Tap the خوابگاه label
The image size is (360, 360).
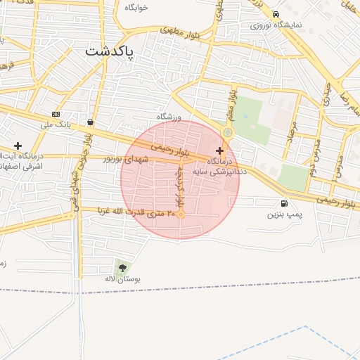(136, 7)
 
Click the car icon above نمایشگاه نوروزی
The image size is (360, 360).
(276, 14)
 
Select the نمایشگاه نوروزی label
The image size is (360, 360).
(276, 25)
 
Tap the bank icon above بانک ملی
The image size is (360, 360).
(56, 114)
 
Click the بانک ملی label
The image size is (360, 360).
(56, 125)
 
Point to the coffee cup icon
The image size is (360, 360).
(90, 122)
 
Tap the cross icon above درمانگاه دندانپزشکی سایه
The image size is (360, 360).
(220, 150)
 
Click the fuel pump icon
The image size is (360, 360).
(284, 203)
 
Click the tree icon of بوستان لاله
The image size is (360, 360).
(123, 268)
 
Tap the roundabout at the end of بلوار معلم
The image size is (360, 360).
(227, 132)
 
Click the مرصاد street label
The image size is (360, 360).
(292, 129)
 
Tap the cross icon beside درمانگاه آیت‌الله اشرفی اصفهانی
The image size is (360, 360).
(18, 146)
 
